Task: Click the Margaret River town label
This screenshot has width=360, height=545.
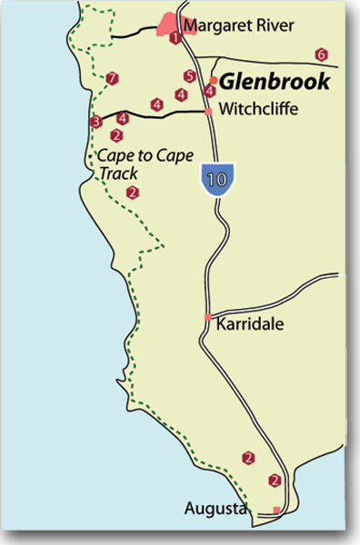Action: tap(238, 26)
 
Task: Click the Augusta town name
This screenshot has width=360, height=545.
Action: tap(216, 509)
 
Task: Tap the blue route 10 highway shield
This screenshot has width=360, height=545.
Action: tap(216, 179)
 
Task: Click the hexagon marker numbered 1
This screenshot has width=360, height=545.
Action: tap(175, 37)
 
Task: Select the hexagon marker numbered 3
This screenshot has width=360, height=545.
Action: tap(95, 122)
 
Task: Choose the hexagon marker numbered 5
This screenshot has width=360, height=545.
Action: tap(189, 76)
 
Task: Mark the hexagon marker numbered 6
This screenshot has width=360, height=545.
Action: tap(321, 54)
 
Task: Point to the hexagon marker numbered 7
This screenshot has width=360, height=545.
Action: tap(111, 78)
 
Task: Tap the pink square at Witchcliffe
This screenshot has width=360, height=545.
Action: tap(208, 111)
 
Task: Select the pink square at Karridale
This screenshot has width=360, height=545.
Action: tap(208, 317)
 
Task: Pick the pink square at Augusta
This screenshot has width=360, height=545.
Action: tap(276, 510)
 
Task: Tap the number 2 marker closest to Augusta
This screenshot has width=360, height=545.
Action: tap(275, 480)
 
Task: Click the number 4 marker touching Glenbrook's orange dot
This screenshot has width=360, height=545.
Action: tap(210, 91)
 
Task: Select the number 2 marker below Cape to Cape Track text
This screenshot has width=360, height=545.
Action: tap(133, 192)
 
